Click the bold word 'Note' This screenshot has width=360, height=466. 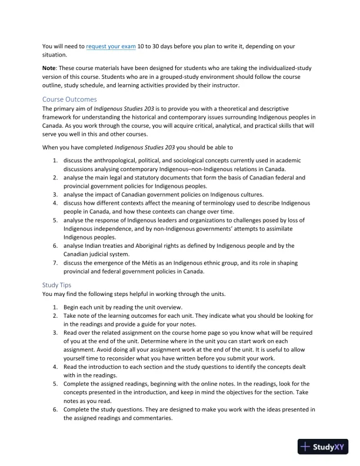(50, 68)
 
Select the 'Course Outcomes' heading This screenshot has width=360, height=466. (69, 99)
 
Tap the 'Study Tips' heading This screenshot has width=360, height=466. (57, 285)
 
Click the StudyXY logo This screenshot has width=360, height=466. (323, 447)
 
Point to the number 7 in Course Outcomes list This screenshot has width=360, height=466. (55, 262)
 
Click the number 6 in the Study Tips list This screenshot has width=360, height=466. (55, 409)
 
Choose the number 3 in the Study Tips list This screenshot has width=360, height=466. (55, 332)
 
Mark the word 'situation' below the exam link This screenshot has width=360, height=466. (55, 54)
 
